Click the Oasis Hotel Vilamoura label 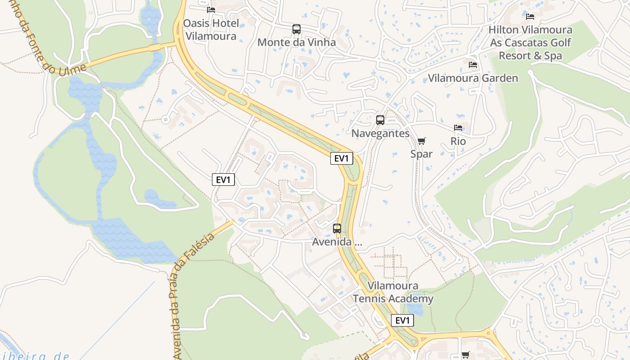click(211, 30)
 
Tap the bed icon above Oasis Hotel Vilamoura click(211, 9)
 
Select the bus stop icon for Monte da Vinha click(297, 30)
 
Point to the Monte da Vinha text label click(297, 42)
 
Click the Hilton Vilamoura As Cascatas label click(531, 43)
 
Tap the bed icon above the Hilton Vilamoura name click(530, 17)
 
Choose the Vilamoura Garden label click(473, 78)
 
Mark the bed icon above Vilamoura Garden click(473, 65)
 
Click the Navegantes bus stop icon click(380, 120)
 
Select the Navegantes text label click(380, 133)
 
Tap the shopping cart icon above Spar click(422, 141)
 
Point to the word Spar click(422, 154)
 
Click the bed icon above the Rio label click(458, 128)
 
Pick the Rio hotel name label click(458, 141)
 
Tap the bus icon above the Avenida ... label click(337, 229)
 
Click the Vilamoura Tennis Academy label click(393, 292)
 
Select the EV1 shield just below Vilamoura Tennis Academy click(402, 320)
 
